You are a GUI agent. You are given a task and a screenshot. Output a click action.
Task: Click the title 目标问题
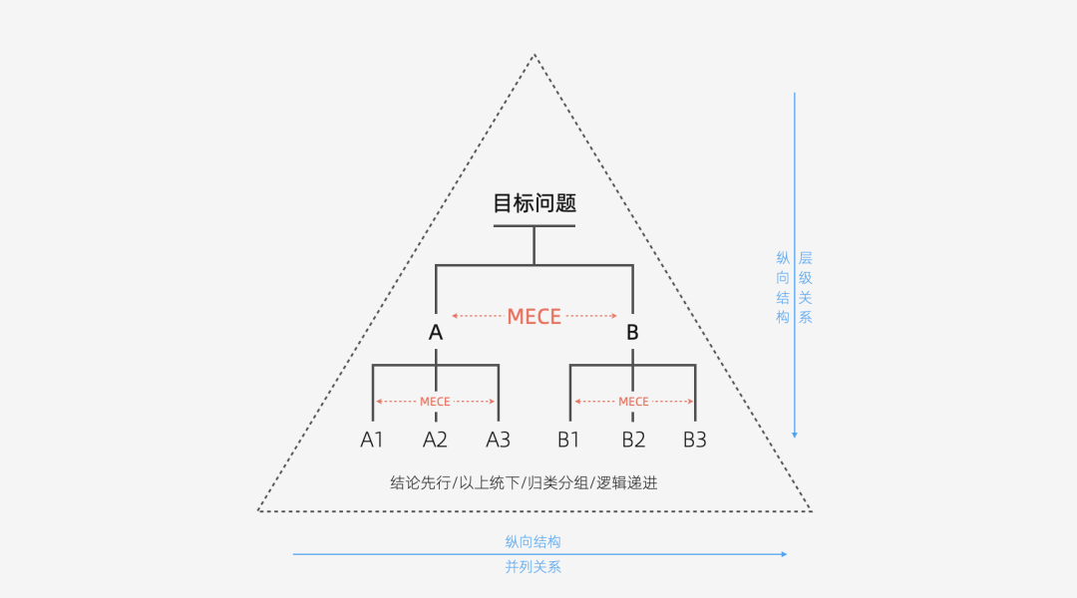point(535,203)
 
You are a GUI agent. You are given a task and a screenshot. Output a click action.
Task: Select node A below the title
point(436,333)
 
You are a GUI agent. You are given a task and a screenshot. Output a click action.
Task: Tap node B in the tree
point(632,333)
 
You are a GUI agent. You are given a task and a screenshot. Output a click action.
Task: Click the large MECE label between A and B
point(535,316)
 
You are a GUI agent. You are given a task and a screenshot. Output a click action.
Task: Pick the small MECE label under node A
point(435,402)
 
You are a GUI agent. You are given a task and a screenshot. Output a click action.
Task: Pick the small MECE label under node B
point(633,402)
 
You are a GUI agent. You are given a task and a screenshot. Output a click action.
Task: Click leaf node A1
point(372,440)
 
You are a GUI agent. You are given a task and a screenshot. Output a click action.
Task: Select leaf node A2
point(436,440)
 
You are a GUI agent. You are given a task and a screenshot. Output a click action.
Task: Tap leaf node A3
point(499,440)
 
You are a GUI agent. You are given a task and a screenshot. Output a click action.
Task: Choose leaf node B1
point(569,440)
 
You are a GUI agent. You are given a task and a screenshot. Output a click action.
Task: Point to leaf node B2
point(633,440)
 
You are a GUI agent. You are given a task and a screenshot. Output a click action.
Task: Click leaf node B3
point(695,440)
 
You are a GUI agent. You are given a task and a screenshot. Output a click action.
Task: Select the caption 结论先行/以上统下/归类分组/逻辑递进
point(524,482)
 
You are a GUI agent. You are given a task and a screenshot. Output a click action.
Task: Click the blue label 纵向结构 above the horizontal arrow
point(533,541)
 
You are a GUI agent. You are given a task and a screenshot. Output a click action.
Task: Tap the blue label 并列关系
point(533,567)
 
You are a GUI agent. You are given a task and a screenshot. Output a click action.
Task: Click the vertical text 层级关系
point(806,288)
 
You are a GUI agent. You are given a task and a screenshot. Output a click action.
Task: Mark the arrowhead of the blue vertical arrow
point(795,434)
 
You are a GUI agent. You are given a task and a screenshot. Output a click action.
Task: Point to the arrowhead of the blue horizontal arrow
point(784,554)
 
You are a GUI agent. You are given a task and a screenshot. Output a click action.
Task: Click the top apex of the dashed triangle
point(535,55)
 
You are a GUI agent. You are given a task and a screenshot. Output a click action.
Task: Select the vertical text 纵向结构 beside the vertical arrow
point(783,288)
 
